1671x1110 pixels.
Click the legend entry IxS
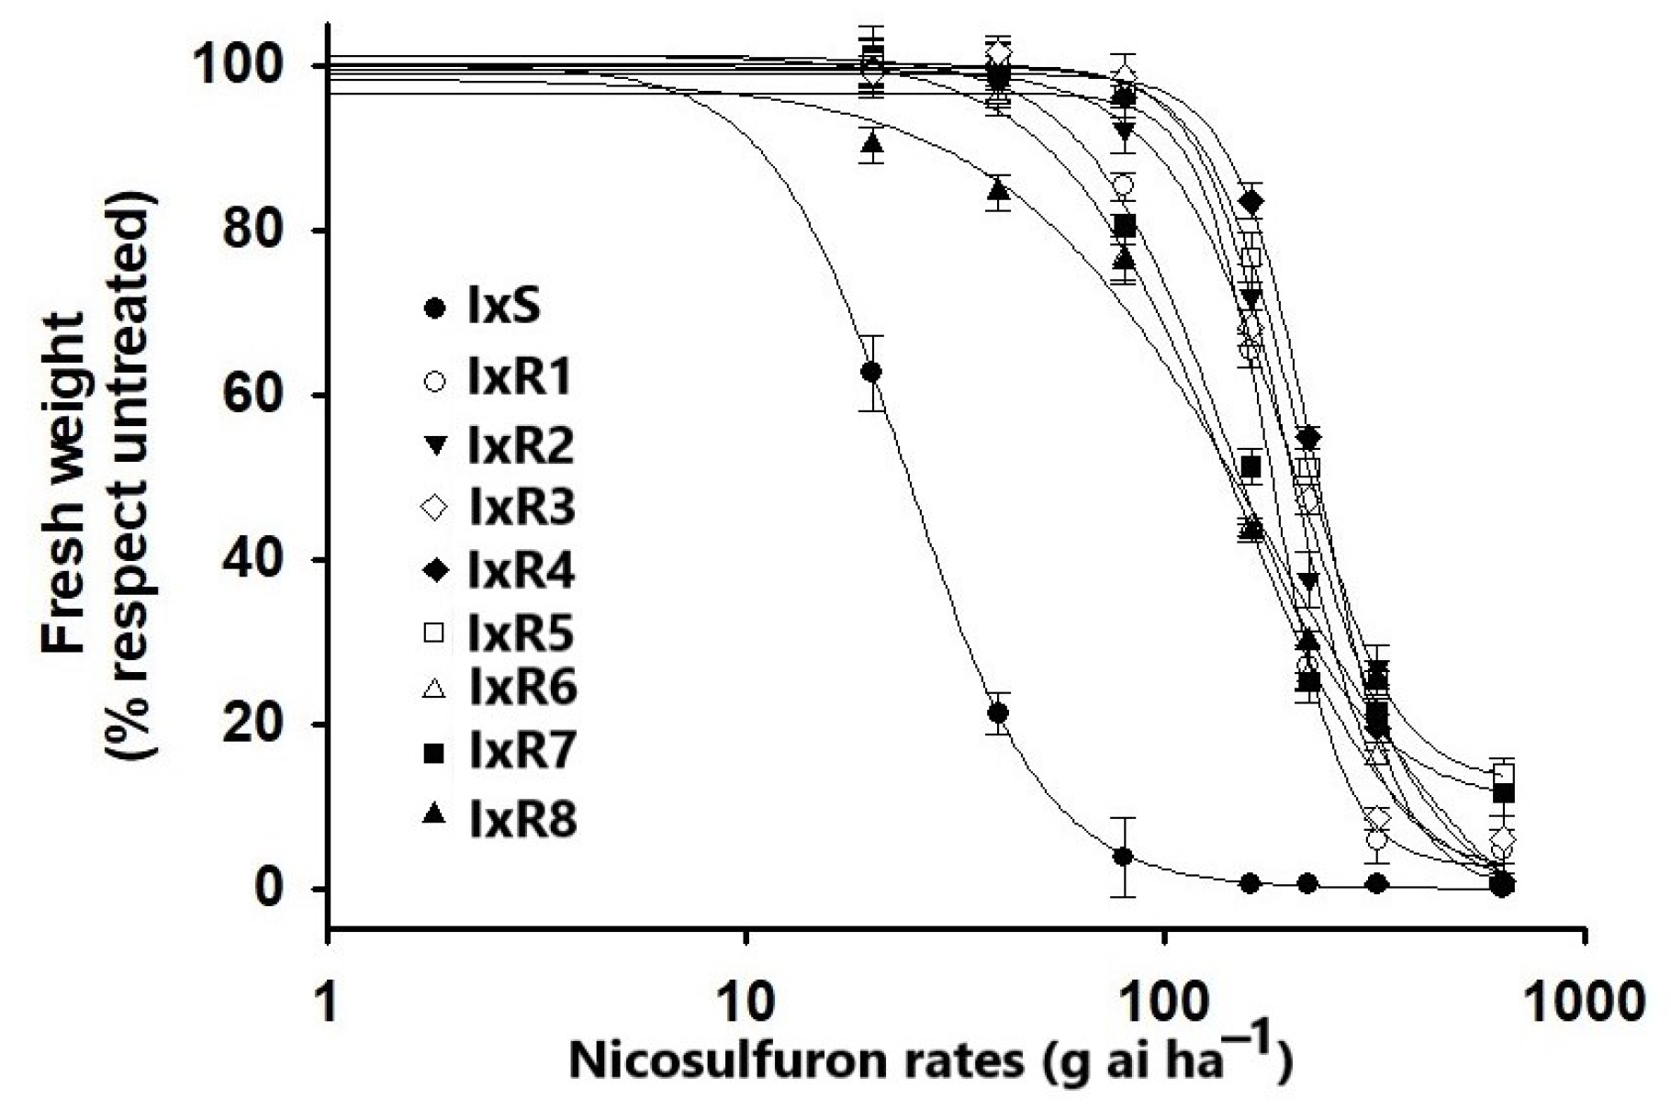(503, 307)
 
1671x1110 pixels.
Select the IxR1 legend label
(520, 376)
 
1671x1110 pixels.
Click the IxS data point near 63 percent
(872, 372)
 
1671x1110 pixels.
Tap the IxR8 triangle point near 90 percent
(872, 142)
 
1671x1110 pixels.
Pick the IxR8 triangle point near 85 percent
(999, 191)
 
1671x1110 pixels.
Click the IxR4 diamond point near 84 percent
(1251, 201)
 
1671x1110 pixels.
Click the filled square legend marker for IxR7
(434, 754)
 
